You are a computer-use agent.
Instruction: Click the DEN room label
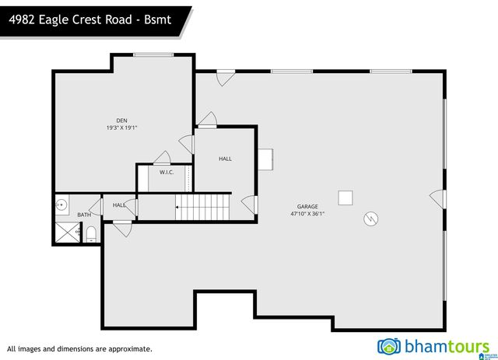[x=121, y=121]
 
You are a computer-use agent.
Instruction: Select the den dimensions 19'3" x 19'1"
[x=121, y=128]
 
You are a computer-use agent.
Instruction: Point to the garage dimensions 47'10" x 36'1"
[x=307, y=214]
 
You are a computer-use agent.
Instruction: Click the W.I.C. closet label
[x=167, y=172]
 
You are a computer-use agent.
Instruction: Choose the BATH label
[x=83, y=215]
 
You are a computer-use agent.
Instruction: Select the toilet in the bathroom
[x=90, y=234]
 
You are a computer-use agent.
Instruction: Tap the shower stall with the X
[x=67, y=232]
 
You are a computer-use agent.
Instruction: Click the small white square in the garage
[x=345, y=197]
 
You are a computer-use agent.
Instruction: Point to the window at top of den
[x=153, y=54]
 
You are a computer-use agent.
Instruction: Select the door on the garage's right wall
[x=439, y=200]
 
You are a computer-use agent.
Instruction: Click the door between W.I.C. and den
[x=162, y=157]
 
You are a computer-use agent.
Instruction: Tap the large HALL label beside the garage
[x=225, y=159]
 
